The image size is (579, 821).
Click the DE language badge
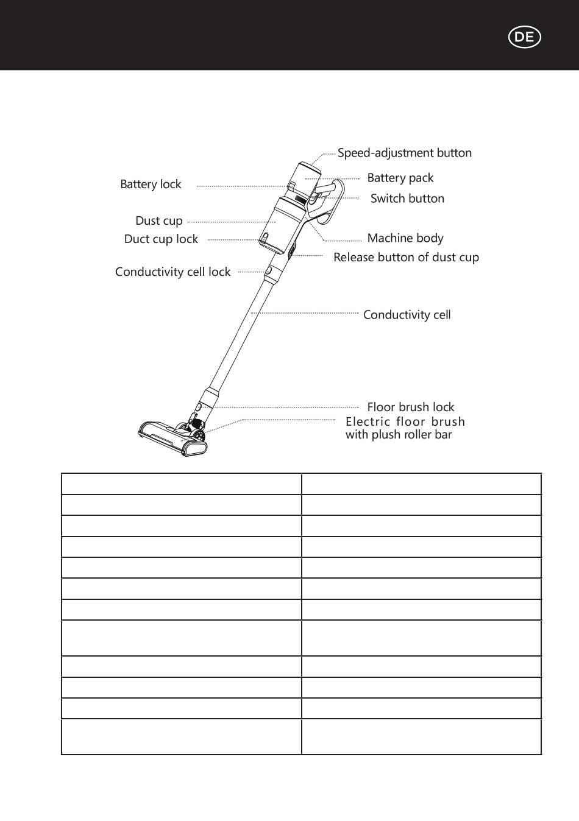click(x=524, y=37)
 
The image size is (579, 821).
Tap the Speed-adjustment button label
click(x=405, y=153)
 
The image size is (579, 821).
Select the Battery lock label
click(x=151, y=185)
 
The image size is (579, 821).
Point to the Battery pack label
click(x=400, y=178)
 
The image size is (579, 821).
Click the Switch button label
click(x=407, y=199)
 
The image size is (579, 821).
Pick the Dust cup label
click(x=159, y=221)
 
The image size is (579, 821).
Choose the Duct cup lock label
click(x=161, y=239)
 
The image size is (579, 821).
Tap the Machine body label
click(x=405, y=238)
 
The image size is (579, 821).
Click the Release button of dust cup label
click(x=406, y=258)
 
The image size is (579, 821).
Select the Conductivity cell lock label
click(x=172, y=272)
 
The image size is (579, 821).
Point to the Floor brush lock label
click(x=410, y=407)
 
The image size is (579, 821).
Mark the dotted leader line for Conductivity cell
click(x=305, y=313)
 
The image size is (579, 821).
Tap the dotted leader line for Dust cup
click(x=232, y=222)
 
